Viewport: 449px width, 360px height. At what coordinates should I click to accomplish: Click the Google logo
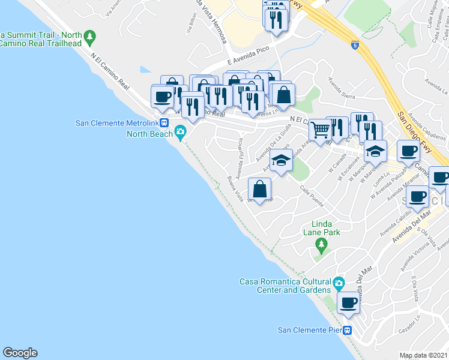tap(20, 353)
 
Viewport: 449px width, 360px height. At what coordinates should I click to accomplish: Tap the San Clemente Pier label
tap(309, 330)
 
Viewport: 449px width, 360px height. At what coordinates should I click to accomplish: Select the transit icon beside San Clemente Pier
tap(348, 330)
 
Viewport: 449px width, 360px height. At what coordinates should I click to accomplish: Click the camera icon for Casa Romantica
tap(339, 283)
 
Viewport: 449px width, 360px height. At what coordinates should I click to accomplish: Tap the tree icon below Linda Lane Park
tap(322, 244)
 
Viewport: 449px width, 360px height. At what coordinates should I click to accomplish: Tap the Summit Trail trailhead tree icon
tap(90, 37)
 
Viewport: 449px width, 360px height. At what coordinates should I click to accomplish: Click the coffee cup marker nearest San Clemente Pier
tap(349, 302)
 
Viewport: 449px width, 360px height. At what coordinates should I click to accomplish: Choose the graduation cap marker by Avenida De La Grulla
tap(280, 160)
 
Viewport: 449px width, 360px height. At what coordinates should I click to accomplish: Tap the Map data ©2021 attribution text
tap(423, 355)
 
